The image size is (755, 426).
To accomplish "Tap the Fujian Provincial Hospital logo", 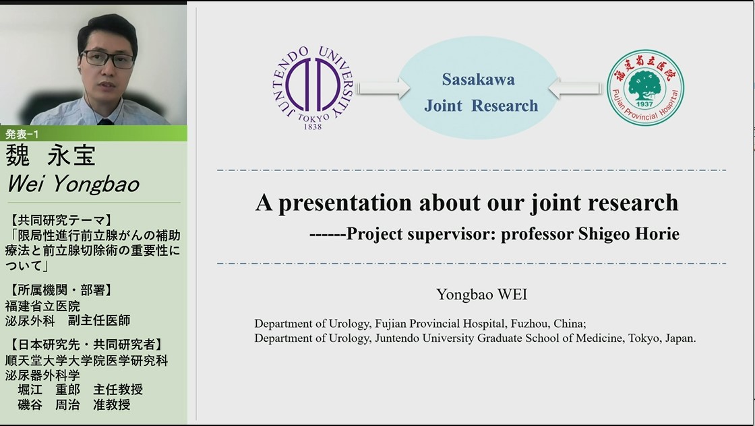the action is [645, 88].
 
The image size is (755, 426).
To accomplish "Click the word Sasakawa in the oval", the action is [478, 79].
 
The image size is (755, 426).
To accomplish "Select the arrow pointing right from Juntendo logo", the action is [384, 88].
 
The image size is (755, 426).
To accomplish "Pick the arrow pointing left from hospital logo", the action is [575, 88].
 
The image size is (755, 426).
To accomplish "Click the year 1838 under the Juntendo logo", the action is [313, 127].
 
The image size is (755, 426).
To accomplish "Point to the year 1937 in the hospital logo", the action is [644, 104].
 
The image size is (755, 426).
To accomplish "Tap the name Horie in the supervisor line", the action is [657, 234].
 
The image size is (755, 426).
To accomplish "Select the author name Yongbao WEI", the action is [481, 294].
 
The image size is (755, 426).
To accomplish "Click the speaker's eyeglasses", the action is [108, 59].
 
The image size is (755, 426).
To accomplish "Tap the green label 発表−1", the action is [22, 134].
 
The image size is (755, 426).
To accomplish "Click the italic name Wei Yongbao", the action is [73, 184].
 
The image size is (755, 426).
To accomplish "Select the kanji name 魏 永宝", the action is [51, 155].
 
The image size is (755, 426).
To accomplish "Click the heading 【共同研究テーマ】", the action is [61, 220].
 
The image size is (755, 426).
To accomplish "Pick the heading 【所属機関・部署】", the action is [61, 290].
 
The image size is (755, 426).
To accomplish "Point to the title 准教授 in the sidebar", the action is [112, 405].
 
